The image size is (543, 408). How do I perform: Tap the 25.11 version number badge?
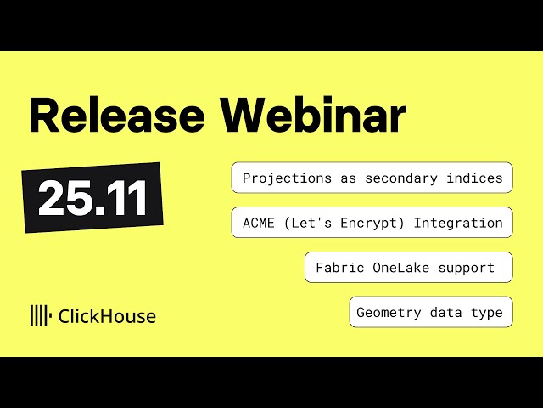[92, 198]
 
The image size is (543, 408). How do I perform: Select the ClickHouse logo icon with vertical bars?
[40, 316]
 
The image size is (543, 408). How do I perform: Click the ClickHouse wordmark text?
[107, 316]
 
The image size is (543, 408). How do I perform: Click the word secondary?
[407, 178]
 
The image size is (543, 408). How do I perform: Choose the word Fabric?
[338, 268]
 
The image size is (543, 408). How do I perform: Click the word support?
[467, 268]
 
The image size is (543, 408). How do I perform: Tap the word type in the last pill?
[488, 313]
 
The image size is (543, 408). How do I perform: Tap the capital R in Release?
[44, 116]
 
